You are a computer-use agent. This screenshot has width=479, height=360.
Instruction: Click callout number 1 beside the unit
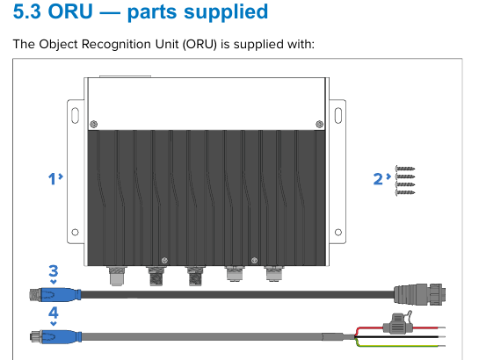pyautogui.click(x=52, y=178)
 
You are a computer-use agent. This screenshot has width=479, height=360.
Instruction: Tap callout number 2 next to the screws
pyautogui.click(x=378, y=178)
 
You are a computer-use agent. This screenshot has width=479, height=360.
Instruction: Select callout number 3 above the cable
pyautogui.click(x=54, y=271)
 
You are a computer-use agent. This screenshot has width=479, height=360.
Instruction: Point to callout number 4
pyautogui.click(x=54, y=313)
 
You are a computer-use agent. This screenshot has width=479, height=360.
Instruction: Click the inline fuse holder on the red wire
pyautogui.click(x=397, y=324)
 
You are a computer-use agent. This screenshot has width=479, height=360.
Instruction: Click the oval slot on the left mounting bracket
pyautogui.click(x=76, y=116)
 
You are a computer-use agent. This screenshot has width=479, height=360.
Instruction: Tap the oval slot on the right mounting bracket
pyautogui.click(x=338, y=116)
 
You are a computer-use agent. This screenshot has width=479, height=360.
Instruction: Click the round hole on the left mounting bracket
pyautogui.click(x=75, y=232)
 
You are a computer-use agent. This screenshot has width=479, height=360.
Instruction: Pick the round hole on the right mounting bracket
pyautogui.click(x=338, y=232)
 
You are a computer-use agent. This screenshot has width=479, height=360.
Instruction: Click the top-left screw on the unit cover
pyautogui.click(x=94, y=124)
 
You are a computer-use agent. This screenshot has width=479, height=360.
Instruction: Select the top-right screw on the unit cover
pyautogui.click(x=320, y=124)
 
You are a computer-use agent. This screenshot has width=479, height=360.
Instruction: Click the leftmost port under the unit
pyautogui.click(x=116, y=276)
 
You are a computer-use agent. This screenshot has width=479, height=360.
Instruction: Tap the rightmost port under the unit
pyautogui.click(x=274, y=274)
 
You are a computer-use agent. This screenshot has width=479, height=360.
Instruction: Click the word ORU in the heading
pyautogui.click(x=70, y=11)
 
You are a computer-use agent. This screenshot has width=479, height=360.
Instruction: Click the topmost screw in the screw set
pyautogui.click(x=405, y=169)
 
